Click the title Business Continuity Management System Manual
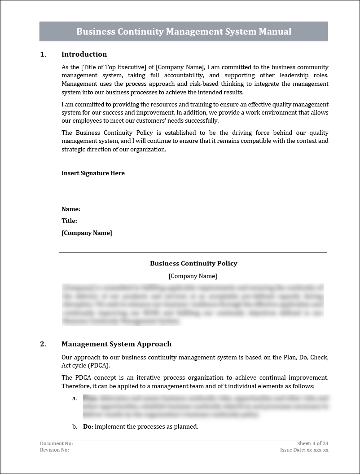(x=184, y=31)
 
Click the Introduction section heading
(x=84, y=54)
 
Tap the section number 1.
(x=43, y=54)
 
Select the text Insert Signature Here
(x=93, y=173)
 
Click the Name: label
(x=71, y=209)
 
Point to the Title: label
(x=69, y=221)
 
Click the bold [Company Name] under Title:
(x=87, y=233)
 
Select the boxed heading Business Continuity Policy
(x=193, y=263)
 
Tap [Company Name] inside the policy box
(x=193, y=276)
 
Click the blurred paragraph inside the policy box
(x=193, y=304)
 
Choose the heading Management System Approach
(x=116, y=344)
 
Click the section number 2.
(x=43, y=344)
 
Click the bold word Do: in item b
(x=88, y=426)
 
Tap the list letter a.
(x=74, y=398)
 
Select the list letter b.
(x=74, y=426)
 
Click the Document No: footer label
(x=56, y=443)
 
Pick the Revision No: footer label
(x=54, y=450)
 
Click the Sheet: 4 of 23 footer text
(x=312, y=443)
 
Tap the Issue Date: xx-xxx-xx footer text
(x=304, y=450)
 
